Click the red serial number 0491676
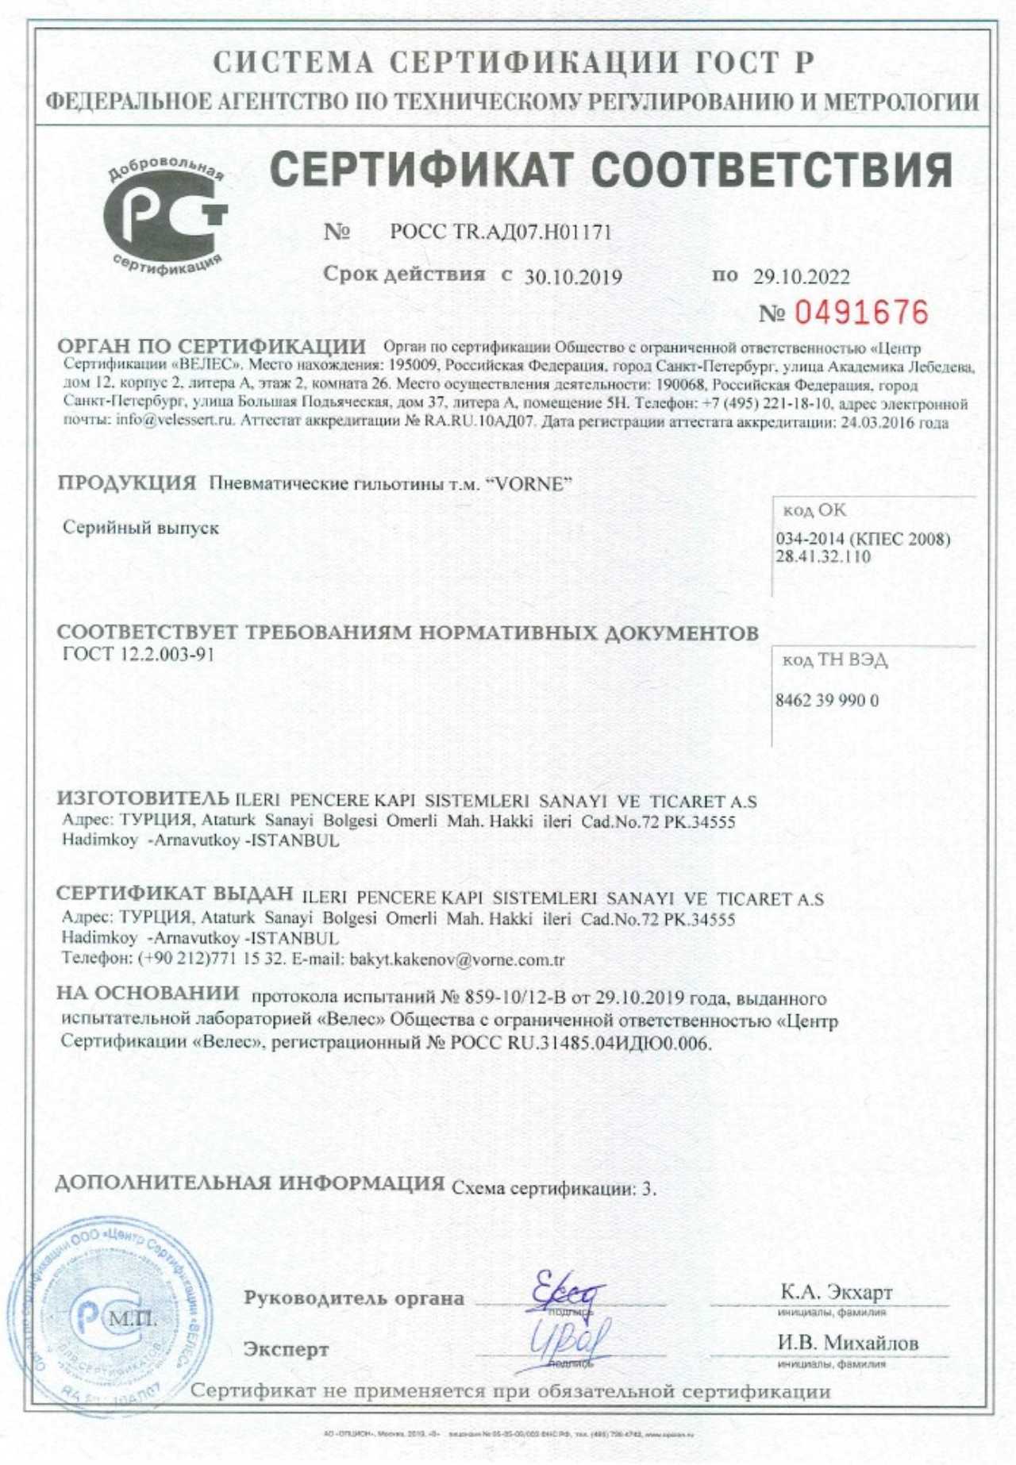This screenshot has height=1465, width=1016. pos(861,313)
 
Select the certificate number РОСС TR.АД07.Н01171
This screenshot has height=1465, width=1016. pos(501,233)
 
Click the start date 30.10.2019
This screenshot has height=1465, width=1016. pos(573,277)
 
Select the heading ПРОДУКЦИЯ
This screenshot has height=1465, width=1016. pos(127,483)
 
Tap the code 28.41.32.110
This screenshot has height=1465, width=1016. pos(823,556)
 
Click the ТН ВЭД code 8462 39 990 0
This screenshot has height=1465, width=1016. pos(827,701)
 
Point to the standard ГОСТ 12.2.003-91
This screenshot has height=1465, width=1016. pos(138,655)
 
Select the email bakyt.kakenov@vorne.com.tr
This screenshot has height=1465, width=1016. pos(456,959)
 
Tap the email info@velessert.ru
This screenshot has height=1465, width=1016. pos(175,421)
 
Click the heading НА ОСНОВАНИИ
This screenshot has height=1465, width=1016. pos(148,993)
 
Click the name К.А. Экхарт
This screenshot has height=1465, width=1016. pos(837,1292)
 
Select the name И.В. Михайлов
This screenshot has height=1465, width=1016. pos(848,1343)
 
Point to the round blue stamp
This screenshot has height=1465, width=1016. pos(111,1321)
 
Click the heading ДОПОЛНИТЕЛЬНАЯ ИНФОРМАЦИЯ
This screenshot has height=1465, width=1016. pos(250,1183)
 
